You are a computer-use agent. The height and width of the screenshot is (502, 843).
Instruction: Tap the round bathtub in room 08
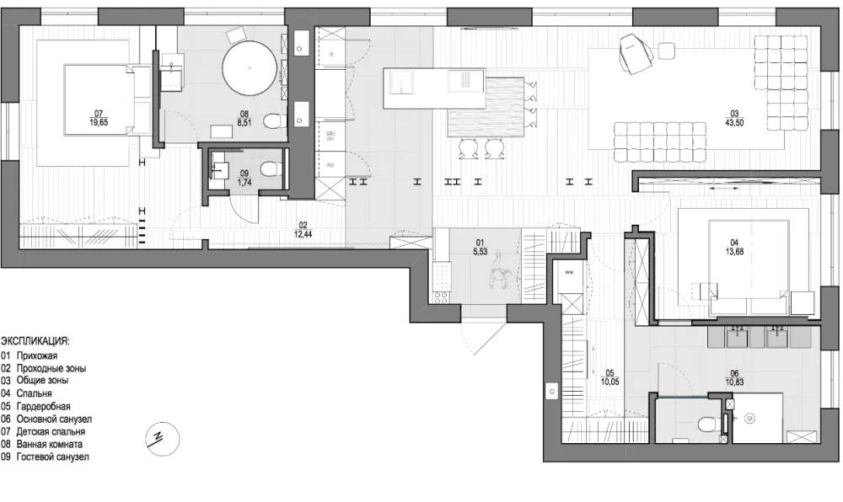click(x=249, y=68)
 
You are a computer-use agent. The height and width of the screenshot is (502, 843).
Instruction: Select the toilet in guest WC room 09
click(x=268, y=168)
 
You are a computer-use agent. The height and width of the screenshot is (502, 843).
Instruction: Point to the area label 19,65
click(x=99, y=122)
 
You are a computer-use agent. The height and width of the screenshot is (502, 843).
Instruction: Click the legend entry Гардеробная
click(x=44, y=407)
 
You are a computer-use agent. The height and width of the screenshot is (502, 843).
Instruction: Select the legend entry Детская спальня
click(x=51, y=431)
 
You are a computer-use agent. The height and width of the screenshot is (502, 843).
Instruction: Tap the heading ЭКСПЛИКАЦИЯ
click(x=35, y=341)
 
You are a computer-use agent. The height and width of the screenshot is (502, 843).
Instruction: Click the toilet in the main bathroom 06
click(x=709, y=425)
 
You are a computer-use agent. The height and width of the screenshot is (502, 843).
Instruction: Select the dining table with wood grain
click(x=486, y=108)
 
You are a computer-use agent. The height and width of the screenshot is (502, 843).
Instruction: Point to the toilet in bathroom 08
click(x=276, y=120)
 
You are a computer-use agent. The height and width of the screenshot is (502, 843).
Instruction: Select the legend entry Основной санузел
click(x=54, y=419)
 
